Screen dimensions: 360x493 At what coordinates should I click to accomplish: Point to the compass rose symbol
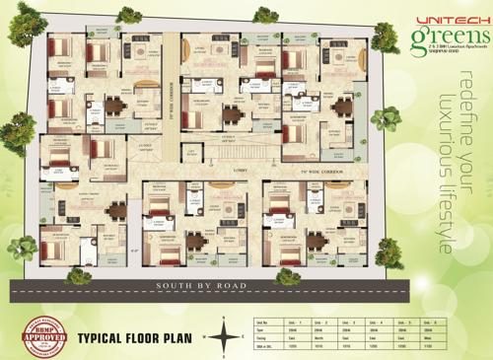coord(226,336)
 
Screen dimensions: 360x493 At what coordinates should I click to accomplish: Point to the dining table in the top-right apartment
coord(342,106)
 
